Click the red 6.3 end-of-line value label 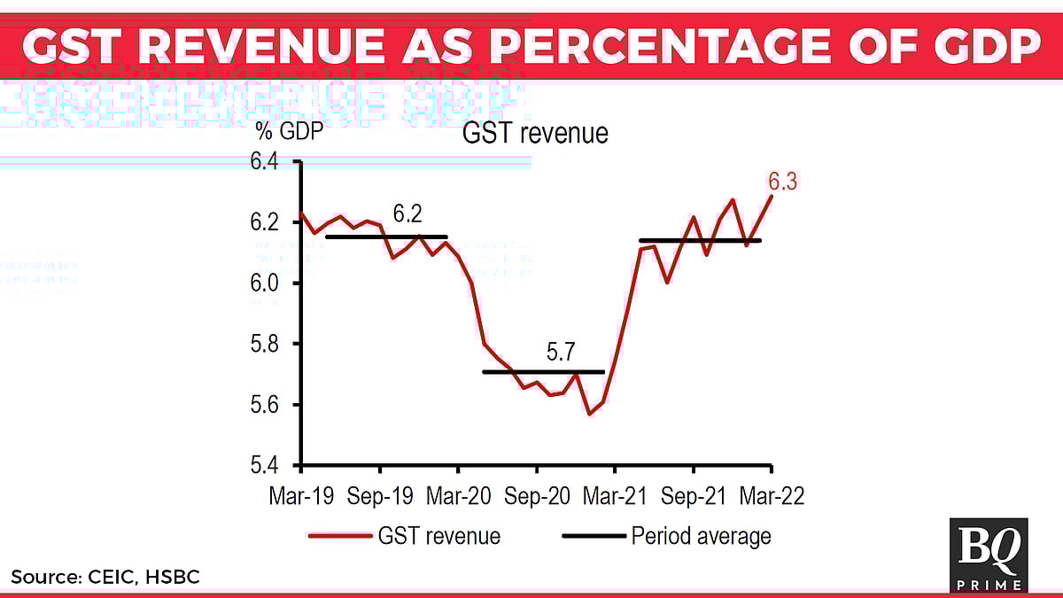782,183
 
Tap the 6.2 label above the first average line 408,214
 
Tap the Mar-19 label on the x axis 301,496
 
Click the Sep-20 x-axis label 536,496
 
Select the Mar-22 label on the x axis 772,496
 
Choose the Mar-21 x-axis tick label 615,496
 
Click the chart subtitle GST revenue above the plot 535,134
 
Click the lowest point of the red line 589,414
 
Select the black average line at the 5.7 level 543,372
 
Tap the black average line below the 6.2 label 386,237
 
